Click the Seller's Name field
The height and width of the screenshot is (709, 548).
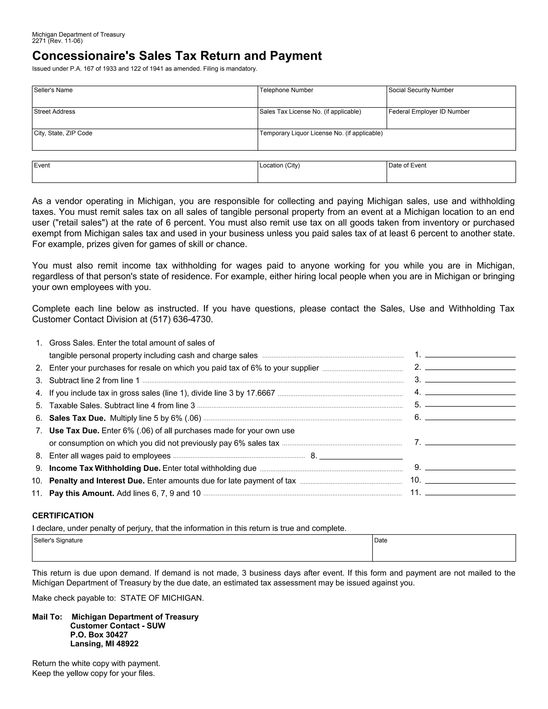tap(144, 99)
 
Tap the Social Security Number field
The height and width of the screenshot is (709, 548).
tap(451, 99)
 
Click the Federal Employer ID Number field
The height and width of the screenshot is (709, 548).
tap(451, 120)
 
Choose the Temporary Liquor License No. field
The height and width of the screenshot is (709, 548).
tap(386, 142)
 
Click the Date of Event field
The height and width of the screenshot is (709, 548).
tap(451, 174)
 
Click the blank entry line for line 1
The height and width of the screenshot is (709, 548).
tap(470, 354)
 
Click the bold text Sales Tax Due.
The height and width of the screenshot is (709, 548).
tap(77, 418)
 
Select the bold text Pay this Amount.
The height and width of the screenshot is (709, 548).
tap(82, 493)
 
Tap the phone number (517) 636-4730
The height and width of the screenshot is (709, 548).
tap(181, 319)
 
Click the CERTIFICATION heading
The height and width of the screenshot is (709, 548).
tap(63, 516)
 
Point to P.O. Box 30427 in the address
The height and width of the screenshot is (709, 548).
tap(99, 635)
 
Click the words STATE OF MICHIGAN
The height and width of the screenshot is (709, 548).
tap(162, 598)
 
